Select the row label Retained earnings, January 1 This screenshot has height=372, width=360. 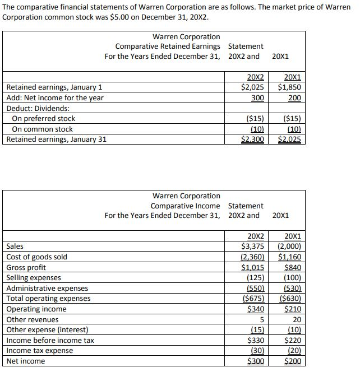54,87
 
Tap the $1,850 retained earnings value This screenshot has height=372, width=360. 289,87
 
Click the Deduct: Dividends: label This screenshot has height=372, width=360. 38,108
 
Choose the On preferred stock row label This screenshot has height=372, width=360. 43,119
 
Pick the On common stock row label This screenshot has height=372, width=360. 42,129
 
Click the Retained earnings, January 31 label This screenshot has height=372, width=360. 56,139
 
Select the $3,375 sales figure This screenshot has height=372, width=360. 253,247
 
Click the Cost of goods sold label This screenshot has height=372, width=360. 36,257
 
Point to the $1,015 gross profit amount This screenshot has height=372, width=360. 253,267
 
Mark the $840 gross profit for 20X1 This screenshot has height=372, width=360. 292,267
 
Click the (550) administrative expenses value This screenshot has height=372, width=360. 256,288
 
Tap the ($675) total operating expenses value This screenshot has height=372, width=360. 253,299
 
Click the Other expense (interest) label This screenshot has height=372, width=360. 47,330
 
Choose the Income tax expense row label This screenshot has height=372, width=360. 39,351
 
